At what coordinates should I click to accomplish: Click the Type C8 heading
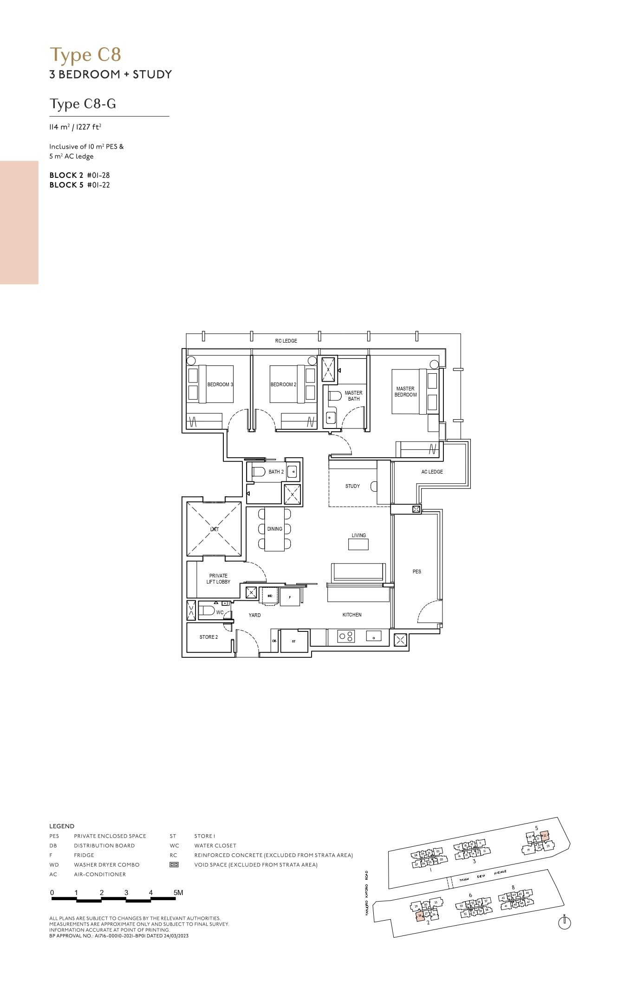point(85,55)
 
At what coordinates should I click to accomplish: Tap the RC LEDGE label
point(286,341)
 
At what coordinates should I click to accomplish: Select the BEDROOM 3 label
point(220,384)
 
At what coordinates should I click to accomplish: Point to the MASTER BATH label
point(354,396)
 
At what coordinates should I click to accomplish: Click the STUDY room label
point(352,486)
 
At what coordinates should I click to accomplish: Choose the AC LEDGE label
point(432,472)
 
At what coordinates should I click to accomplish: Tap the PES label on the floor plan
point(417,571)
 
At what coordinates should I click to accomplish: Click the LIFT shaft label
point(214,529)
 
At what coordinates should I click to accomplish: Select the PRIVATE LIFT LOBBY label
point(218,578)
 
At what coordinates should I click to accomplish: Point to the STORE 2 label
point(208,637)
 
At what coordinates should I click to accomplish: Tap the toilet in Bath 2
point(258,472)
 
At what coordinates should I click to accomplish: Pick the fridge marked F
point(290,597)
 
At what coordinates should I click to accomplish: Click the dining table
point(274,529)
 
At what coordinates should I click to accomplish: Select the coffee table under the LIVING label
point(358,544)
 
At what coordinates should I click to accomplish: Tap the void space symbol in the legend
point(174,864)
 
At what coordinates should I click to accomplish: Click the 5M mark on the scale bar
point(178,892)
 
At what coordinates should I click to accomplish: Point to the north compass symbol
point(565,923)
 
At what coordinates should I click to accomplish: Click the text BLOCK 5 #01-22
point(80,185)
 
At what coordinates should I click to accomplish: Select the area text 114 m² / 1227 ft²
point(75,127)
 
